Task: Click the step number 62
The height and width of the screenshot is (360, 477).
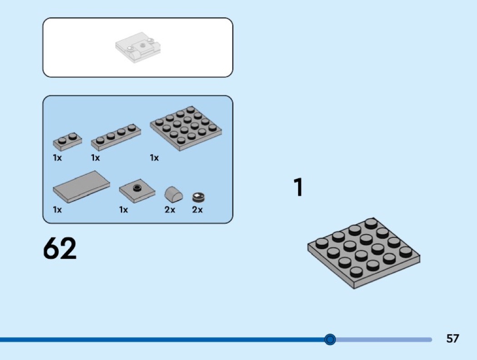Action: tap(60, 248)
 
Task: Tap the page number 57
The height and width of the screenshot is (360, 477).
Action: tap(452, 338)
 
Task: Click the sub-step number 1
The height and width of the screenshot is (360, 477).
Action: tap(298, 187)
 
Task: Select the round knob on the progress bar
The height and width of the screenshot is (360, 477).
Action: tap(330, 339)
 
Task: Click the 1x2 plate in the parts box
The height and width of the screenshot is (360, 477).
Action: tap(67, 141)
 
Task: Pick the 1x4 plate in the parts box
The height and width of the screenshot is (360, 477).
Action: tap(116, 137)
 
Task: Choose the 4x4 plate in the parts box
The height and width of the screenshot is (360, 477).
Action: tap(186, 128)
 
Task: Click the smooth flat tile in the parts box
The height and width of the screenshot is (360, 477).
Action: tap(81, 187)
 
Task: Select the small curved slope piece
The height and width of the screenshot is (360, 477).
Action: tap(174, 194)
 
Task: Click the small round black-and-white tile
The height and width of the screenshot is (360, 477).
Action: tap(199, 197)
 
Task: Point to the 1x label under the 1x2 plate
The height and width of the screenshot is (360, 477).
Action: tap(57, 158)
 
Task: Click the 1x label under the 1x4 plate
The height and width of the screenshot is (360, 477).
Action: tap(95, 158)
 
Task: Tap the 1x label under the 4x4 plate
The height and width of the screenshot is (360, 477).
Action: tap(154, 158)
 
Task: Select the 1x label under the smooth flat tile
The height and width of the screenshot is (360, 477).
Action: tap(57, 210)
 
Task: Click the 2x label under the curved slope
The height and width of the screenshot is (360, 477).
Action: tap(170, 210)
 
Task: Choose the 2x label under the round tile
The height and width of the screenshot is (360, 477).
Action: tap(197, 210)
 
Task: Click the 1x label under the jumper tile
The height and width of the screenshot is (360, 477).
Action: tap(124, 210)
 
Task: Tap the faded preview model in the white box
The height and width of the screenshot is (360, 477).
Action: tap(138, 47)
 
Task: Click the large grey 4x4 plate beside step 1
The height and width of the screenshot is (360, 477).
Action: tap(364, 253)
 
